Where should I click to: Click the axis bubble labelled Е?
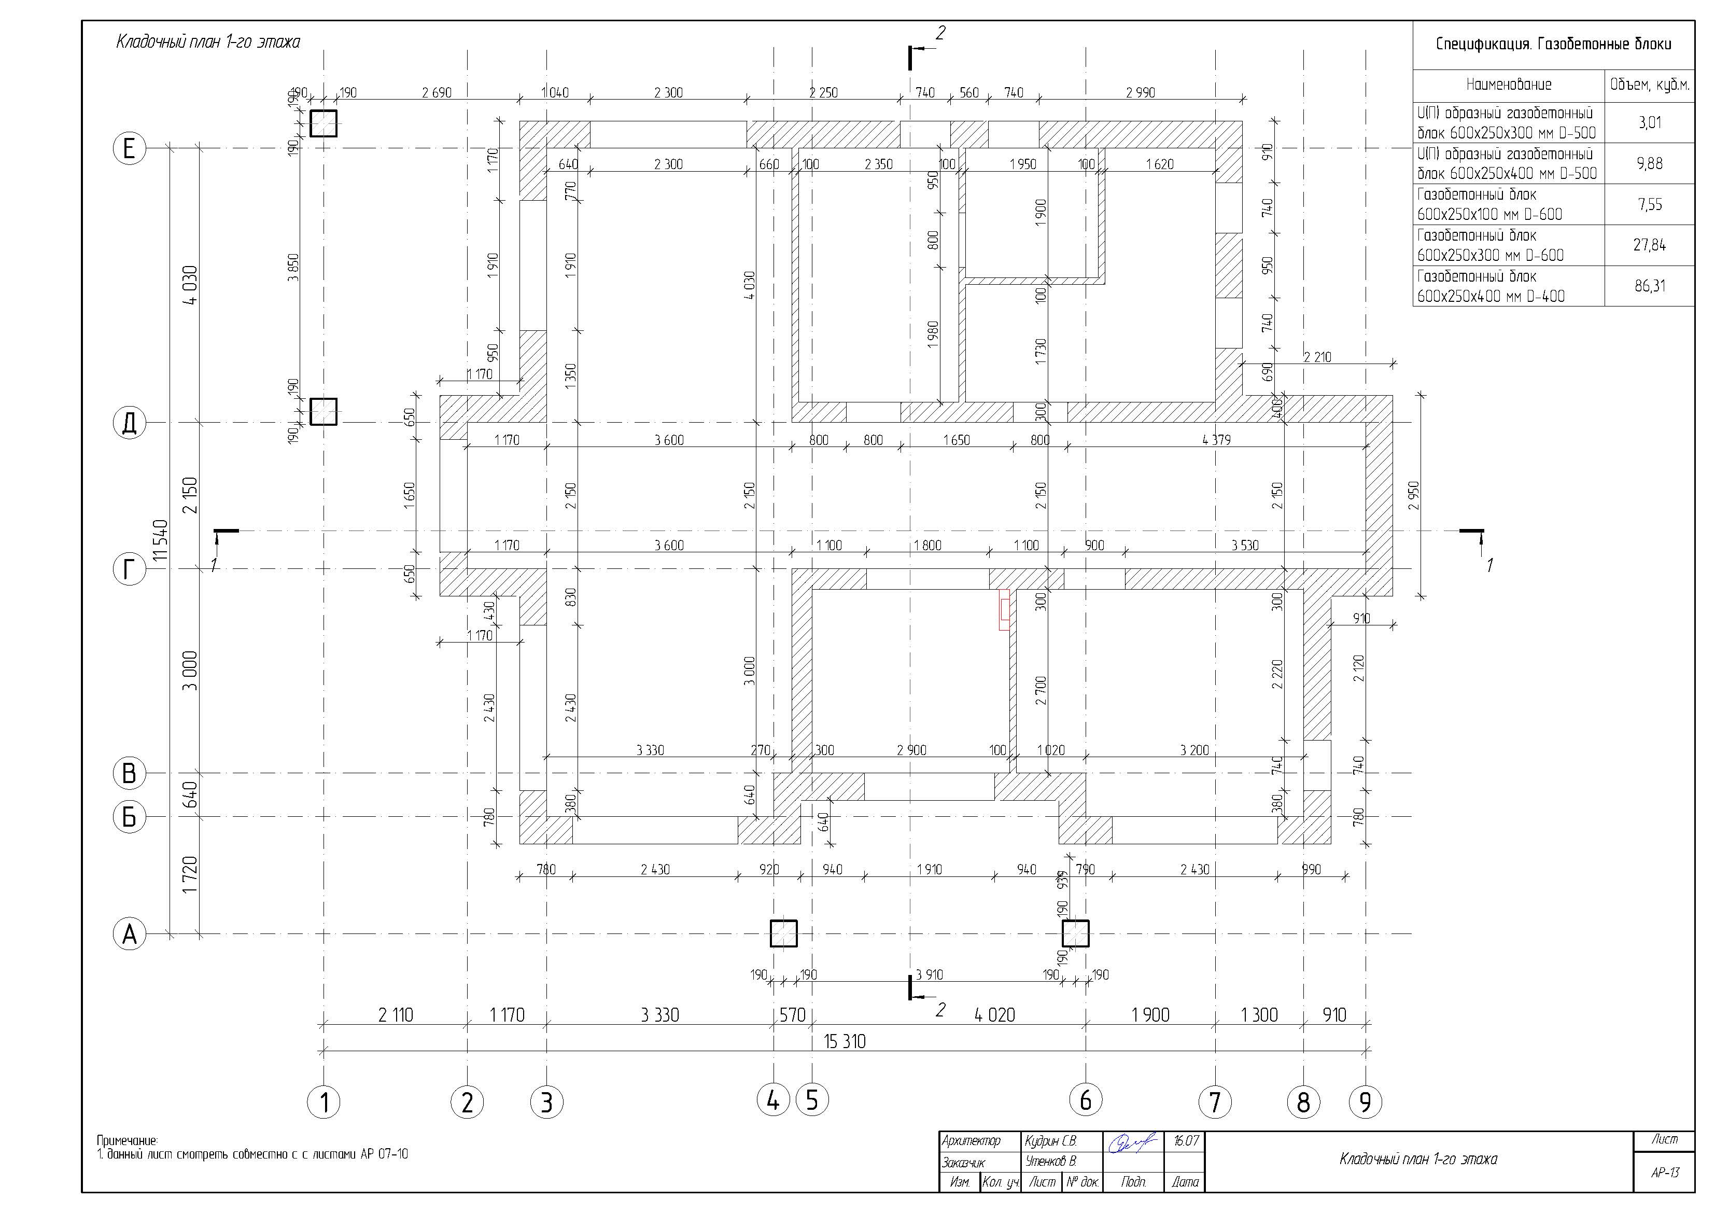tap(129, 149)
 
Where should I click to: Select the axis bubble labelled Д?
tap(129, 423)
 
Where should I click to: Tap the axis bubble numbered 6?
tap(1085, 1099)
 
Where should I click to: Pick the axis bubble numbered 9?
tap(1366, 1102)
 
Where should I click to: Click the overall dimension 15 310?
tap(845, 1041)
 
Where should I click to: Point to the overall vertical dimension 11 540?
tap(160, 540)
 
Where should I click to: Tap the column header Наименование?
tap(1509, 85)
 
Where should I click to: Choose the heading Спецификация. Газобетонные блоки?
tap(1554, 44)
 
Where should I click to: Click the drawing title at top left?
tap(208, 42)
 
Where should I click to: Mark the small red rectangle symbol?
tap(1005, 609)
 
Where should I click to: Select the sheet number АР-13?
tap(1665, 1173)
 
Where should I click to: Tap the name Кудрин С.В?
tap(1051, 1141)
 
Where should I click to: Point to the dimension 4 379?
tap(1216, 440)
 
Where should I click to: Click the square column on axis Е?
tap(324, 123)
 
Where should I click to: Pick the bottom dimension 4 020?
tap(995, 1015)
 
